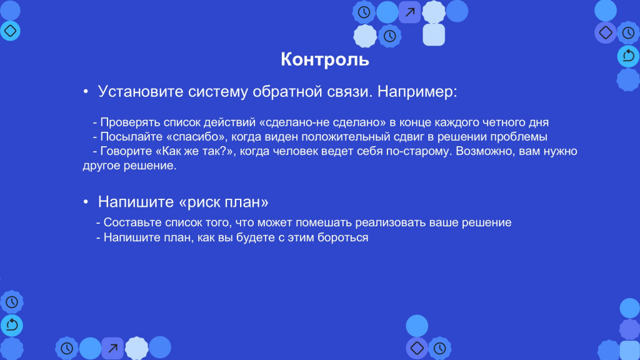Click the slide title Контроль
point(325,59)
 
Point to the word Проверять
point(130,123)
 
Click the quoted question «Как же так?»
point(194,151)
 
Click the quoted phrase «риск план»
point(224,202)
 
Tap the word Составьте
point(132,222)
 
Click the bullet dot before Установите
point(86,91)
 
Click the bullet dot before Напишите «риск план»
point(86,202)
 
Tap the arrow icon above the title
point(410,12)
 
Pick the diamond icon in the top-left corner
point(10,31)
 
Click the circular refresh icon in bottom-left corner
point(12,325)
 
